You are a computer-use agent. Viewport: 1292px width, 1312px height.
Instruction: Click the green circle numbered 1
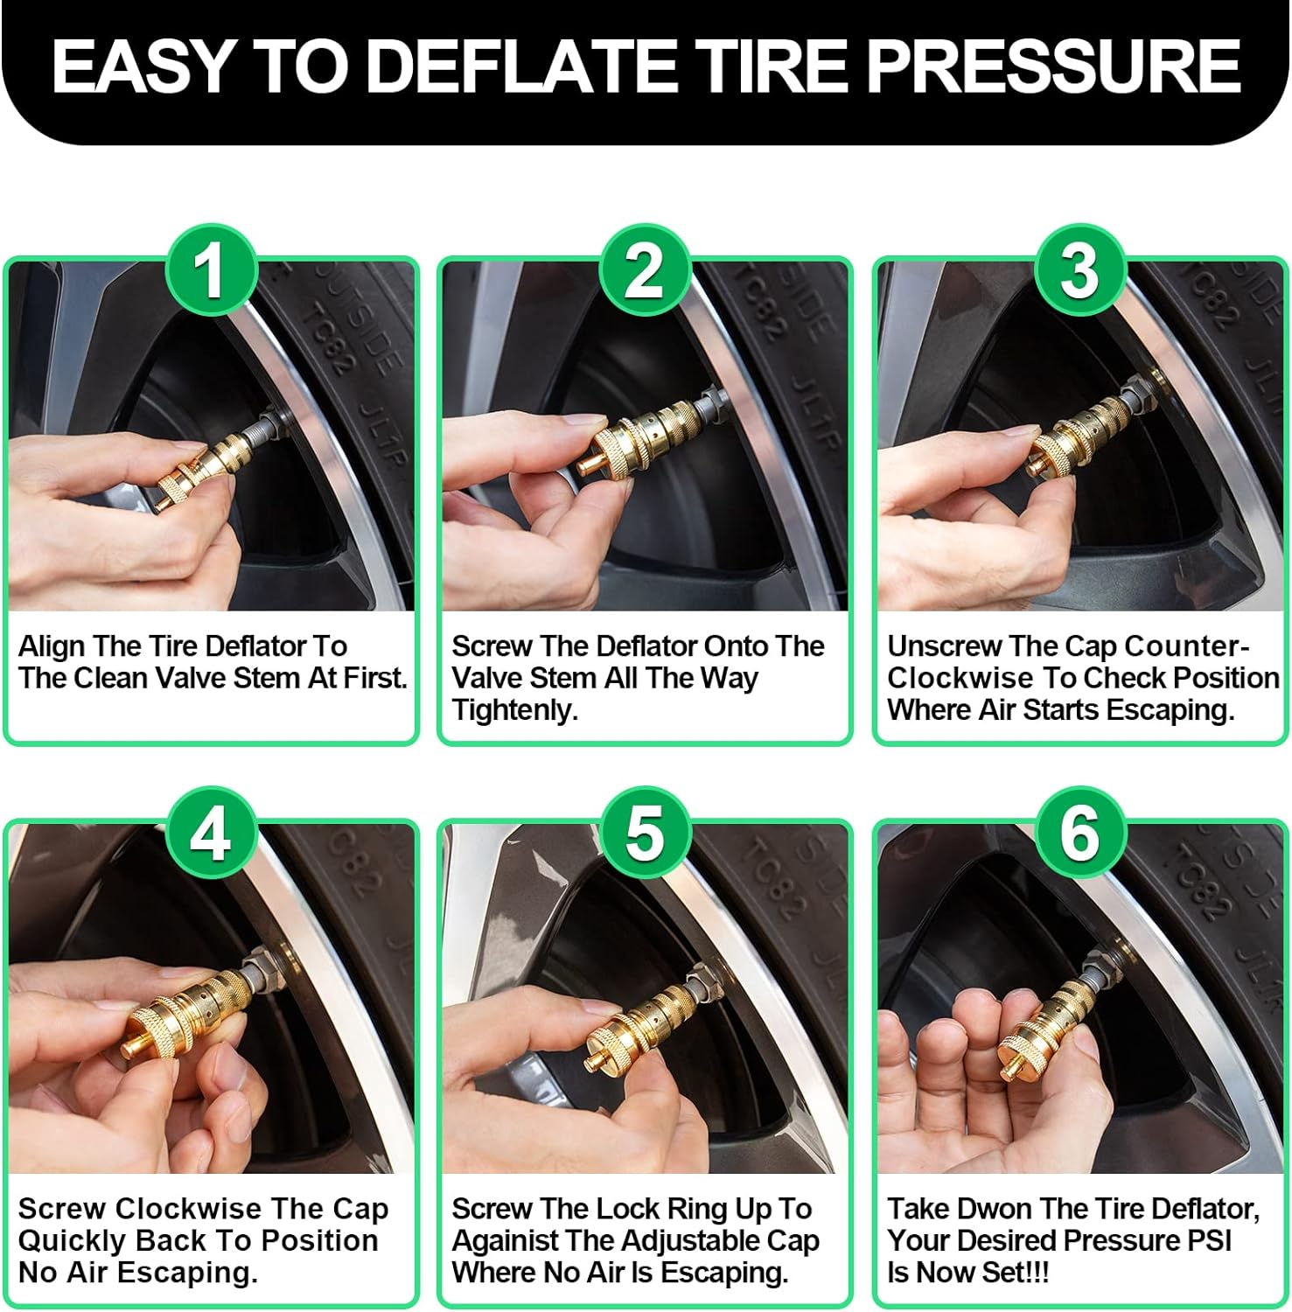point(211,270)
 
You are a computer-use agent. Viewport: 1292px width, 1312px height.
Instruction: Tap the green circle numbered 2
point(645,270)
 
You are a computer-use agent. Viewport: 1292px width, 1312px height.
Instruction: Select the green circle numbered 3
point(1079,270)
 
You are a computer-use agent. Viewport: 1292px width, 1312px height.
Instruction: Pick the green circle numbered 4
point(211,833)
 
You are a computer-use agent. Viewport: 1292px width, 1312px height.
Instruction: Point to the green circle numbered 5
point(645,833)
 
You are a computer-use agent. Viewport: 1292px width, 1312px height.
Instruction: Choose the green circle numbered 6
point(1079,833)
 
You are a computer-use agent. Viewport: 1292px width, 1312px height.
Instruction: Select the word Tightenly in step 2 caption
point(514,710)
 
